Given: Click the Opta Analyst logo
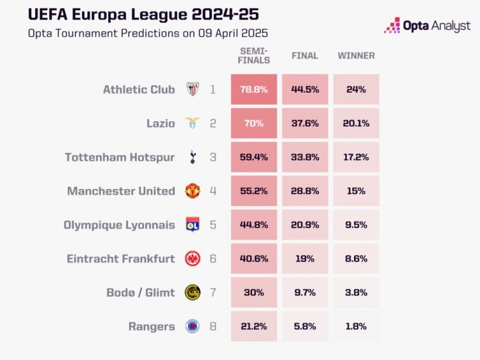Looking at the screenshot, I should point(427,26).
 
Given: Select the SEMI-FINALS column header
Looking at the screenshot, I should point(254,56).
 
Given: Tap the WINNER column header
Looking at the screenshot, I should point(356,56).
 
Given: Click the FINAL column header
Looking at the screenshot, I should point(305,56).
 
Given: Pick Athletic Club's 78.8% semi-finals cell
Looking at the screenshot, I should point(254,90).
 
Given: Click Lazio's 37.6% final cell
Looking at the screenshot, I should point(305,124).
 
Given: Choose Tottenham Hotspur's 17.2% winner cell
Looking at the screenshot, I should point(356,157).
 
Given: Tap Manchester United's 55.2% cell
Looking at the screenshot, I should point(254,191).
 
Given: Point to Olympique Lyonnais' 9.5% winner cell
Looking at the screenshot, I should point(356,225).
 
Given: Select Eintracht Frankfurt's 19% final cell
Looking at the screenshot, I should point(305,259).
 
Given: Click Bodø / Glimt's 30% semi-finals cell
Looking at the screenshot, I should point(254,293).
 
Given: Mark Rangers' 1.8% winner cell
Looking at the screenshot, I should point(356,327).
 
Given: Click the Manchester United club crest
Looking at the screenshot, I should point(192,191).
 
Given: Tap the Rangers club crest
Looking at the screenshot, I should point(192,327).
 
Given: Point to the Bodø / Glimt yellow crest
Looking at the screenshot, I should point(192,293).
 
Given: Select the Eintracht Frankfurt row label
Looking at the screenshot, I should point(121,259).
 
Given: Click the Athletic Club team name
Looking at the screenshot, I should point(139,90).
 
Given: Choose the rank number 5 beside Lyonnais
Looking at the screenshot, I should point(213,225).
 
